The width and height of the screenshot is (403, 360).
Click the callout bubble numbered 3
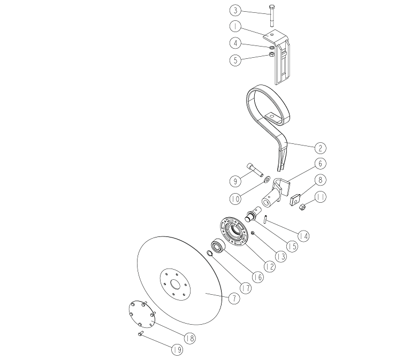tap(235, 11)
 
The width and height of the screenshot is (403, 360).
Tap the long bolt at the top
tap(272, 16)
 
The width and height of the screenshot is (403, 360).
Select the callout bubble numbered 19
tap(177, 349)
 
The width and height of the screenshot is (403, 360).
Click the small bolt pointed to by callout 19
tap(140, 334)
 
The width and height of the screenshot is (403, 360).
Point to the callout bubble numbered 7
tap(234, 298)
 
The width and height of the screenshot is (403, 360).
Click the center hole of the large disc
tap(176, 285)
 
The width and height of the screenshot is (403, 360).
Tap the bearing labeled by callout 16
tap(218, 247)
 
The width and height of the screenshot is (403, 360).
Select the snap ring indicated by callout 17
tap(210, 254)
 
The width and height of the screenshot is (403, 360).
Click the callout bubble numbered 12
tap(269, 266)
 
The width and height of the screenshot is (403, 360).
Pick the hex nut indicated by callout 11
tap(302, 206)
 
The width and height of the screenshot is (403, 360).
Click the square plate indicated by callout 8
tap(295, 200)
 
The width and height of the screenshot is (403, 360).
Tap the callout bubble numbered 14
tap(303, 236)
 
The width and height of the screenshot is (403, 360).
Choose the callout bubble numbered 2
tap(320, 148)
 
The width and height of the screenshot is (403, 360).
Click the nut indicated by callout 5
tap(271, 53)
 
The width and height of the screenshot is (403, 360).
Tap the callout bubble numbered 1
tap(235, 26)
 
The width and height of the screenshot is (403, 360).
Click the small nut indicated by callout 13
tap(253, 233)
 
